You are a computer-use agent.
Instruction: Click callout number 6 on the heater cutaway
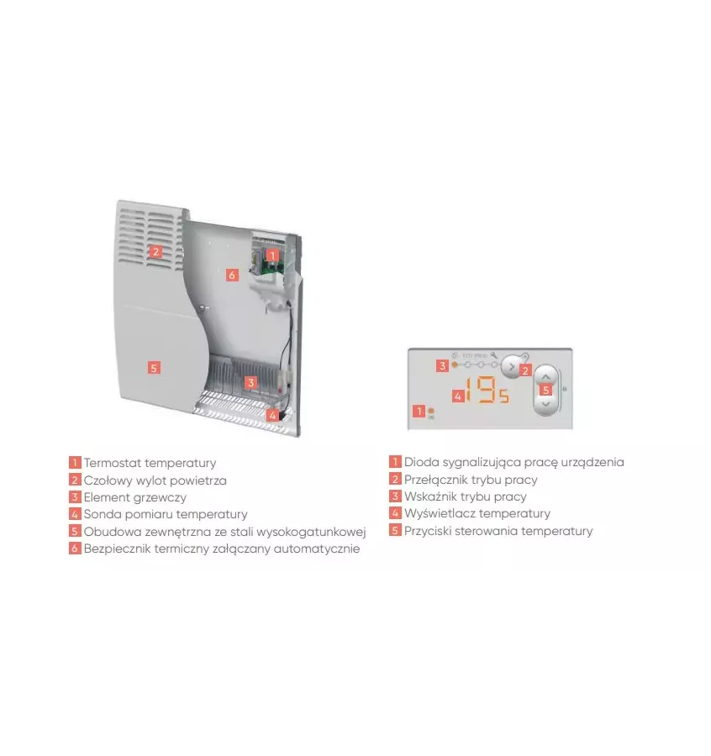tap(233, 275)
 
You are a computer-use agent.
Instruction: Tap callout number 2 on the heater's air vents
tap(155, 251)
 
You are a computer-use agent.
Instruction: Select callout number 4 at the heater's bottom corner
tap(272, 414)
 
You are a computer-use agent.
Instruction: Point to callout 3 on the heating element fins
tap(250, 382)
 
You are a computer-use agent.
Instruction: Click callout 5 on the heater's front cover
tap(154, 367)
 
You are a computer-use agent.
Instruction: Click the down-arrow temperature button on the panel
tap(546, 403)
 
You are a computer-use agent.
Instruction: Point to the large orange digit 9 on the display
tap(487, 391)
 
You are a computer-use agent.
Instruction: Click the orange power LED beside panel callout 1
tap(431, 411)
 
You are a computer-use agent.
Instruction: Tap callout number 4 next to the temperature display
tap(457, 395)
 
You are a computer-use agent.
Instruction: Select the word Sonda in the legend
tap(100, 514)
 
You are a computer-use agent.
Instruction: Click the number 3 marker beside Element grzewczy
tap(75, 497)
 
